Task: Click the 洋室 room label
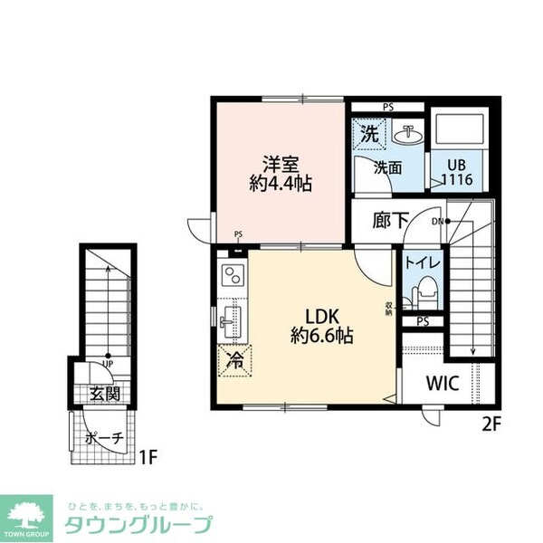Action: click(280, 165)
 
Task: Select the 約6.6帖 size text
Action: click(321, 336)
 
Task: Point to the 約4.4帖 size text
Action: click(280, 183)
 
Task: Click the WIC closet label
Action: click(443, 382)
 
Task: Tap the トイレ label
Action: click(423, 262)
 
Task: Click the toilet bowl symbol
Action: click(423, 294)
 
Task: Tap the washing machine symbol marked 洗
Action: click(370, 133)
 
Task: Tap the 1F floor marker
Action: click(148, 454)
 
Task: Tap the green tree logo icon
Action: click(28, 511)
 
